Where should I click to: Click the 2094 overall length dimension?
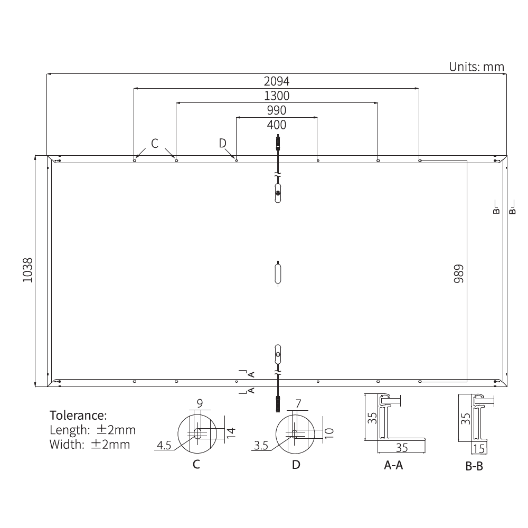[277, 81]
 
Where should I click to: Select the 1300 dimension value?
[277, 96]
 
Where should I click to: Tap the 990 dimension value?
[277, 110]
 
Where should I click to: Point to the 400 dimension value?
[277, 125]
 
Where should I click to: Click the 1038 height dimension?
[28, 270]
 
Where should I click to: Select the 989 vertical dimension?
[458, 274]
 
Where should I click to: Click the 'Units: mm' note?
[476, 67]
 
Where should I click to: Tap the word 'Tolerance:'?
[78, 414]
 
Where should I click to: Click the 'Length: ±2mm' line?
[92, 429]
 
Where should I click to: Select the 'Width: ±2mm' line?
[89, 444]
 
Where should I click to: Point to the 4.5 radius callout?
[164, 446]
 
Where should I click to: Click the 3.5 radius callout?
[261, 446]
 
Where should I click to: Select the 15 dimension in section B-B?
[479, 449]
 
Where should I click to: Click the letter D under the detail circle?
[296, 465]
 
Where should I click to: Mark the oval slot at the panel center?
[278, 274]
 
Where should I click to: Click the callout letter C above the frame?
[155, 143]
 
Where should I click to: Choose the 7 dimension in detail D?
[298, 404]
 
